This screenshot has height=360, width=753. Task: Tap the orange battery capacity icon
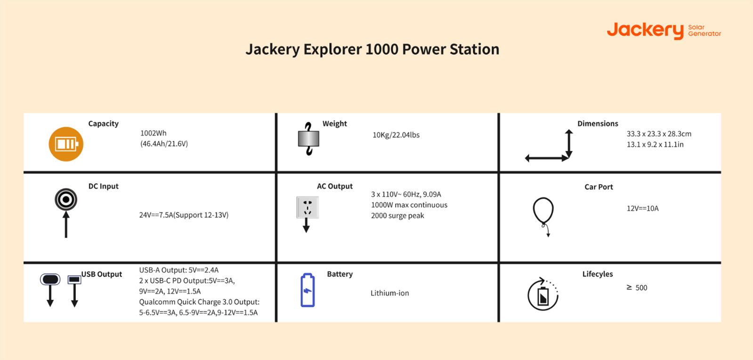click(x=66, y=144)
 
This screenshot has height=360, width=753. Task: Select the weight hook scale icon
click(x=308, y=139)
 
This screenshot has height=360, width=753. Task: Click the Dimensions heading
click(x=598, y=123)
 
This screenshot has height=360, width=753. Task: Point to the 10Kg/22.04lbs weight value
click(x=396, y=135)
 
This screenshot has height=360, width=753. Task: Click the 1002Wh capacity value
click(x=154, y=133)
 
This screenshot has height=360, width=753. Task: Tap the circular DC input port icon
click(x=66, y=199)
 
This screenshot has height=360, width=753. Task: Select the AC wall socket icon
click(x=308, y=207)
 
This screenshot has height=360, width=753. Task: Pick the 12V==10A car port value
click(x=642, y=208)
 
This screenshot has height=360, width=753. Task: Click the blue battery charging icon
click(x=308, y=290)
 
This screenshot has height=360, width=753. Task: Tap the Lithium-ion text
click(x=389, y=293)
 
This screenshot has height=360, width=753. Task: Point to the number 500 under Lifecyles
click(x=641, y=287)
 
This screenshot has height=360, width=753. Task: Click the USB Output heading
click(x=102, y=274)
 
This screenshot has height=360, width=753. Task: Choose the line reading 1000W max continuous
click(x=409, y=205)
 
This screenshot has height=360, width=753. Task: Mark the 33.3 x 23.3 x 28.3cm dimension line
click(x=659, y=133)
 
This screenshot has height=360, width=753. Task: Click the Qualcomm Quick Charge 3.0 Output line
click(x=199, y=302)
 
